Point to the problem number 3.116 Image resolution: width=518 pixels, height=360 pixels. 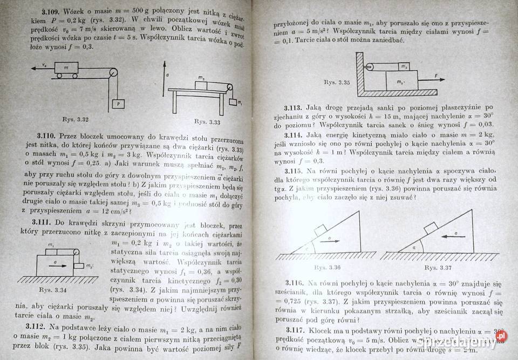[296, 283]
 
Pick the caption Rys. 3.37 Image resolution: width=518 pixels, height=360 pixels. [438, 267]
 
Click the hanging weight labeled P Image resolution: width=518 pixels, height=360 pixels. [116, 104]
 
